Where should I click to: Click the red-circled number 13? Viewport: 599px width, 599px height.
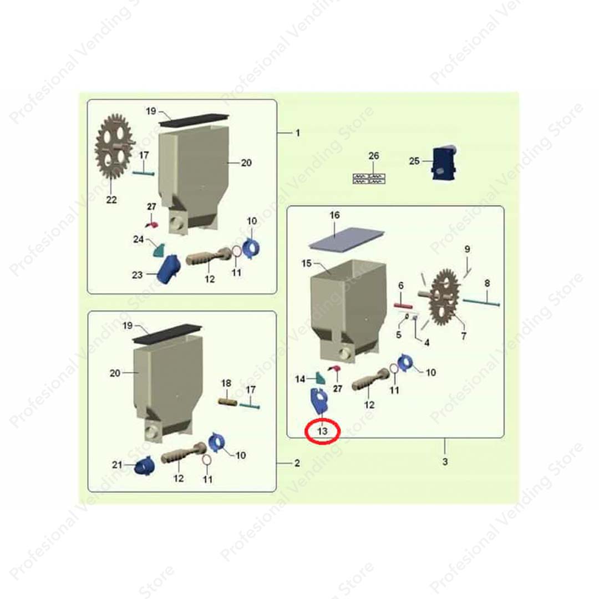click(x=322, y=431)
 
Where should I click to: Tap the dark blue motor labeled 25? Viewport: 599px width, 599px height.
click(x=444, y=163)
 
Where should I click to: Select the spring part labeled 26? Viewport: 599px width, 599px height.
click(x=369, y=179)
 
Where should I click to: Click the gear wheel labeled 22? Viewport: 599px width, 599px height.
click(x=115, y=147)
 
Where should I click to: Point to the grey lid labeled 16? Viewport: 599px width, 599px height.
click(x=347, y=239)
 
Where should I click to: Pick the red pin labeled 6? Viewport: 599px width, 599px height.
click(x=403, y=306)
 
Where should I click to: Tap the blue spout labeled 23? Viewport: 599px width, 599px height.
click(x=168, y=270)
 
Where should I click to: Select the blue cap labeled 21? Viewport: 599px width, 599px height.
click(x=145, y=466)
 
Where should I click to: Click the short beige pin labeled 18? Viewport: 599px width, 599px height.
click(x=228, y=402)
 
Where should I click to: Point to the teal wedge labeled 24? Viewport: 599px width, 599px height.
click(x=159, y=250)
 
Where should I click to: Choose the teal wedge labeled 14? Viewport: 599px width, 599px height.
click(x=321, y=378)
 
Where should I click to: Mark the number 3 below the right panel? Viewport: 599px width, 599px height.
click(x=445, y=461)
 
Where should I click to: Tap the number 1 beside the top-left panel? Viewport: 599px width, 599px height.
click(x=298, y=133)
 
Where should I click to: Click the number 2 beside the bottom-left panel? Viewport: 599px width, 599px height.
click(x=297, y=463)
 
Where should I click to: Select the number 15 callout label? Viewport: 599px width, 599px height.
click(x=306, y=263)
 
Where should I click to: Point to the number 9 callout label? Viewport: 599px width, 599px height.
click(x=467, y=249)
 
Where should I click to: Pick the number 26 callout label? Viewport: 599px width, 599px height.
click(x=374, y=156)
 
